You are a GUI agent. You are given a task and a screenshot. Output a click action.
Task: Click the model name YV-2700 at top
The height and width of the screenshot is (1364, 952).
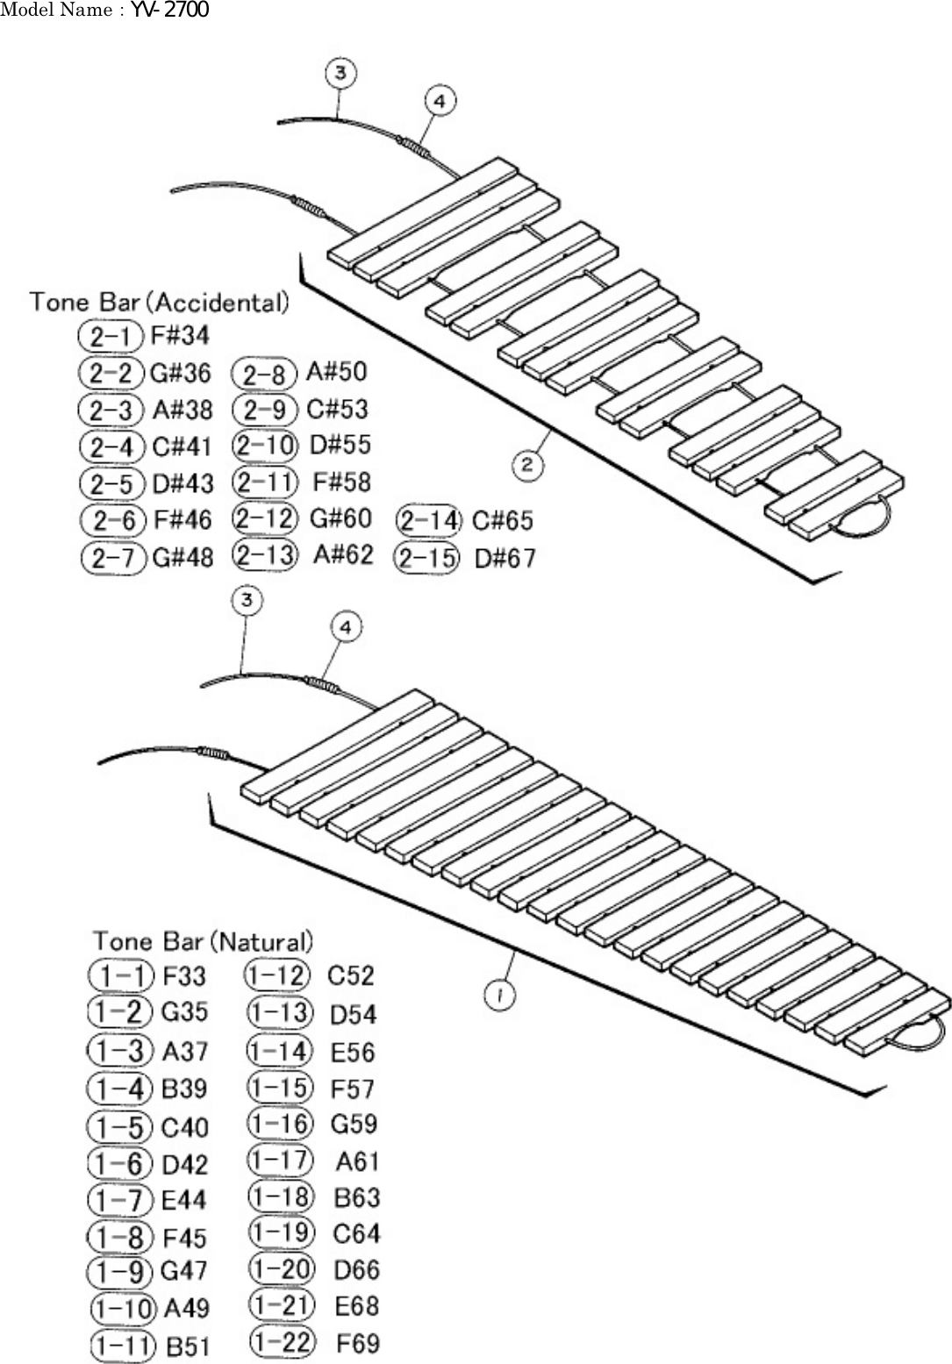tap(169, 11)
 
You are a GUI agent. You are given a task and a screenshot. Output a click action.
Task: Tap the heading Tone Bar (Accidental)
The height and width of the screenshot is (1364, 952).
tap(159, 303)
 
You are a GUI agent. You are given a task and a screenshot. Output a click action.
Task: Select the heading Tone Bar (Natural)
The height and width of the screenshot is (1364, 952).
tap(203, 941)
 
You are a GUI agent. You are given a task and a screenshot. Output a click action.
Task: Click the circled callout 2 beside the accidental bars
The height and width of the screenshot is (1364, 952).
tap(527, 464)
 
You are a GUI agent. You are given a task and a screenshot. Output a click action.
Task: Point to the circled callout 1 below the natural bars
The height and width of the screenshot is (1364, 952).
tap(499, 995)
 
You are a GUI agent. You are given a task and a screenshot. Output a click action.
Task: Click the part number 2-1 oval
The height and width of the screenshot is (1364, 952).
tap(111, 334)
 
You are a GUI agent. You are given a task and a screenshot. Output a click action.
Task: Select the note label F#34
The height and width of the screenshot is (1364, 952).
tap(180, 334)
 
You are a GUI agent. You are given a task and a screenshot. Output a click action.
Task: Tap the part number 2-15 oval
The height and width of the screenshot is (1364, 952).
tap(427, 558)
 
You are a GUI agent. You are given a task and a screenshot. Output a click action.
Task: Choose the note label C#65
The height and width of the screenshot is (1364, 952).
tap(502, 521)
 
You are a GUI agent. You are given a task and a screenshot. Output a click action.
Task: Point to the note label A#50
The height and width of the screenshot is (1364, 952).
tap(336, 372)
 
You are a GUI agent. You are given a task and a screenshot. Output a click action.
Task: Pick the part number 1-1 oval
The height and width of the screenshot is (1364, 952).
tap(121, 975)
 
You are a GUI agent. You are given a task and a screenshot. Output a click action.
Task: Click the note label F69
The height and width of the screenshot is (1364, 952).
tap(358, 1343)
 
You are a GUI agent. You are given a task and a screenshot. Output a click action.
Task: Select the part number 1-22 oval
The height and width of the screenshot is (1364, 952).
tap(281, 1340)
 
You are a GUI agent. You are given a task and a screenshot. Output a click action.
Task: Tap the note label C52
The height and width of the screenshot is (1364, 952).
tap(350, 975)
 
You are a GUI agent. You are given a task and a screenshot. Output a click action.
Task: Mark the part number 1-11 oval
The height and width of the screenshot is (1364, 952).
tap(123, 1346)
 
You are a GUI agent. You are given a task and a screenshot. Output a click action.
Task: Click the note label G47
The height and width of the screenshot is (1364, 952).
tap(184, 1271)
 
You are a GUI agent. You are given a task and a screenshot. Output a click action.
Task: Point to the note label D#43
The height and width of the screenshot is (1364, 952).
tap(183, 483)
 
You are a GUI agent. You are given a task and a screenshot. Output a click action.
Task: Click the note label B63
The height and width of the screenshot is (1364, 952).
tap(357, 1197)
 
